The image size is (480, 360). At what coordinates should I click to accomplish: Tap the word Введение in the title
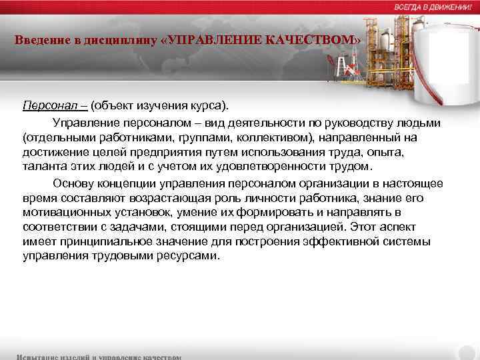(39, 40)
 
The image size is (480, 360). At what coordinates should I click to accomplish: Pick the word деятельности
(249, 123)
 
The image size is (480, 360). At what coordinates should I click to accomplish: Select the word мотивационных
(63, 213)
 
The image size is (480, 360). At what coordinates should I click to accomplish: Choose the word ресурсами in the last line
(189, 256)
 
